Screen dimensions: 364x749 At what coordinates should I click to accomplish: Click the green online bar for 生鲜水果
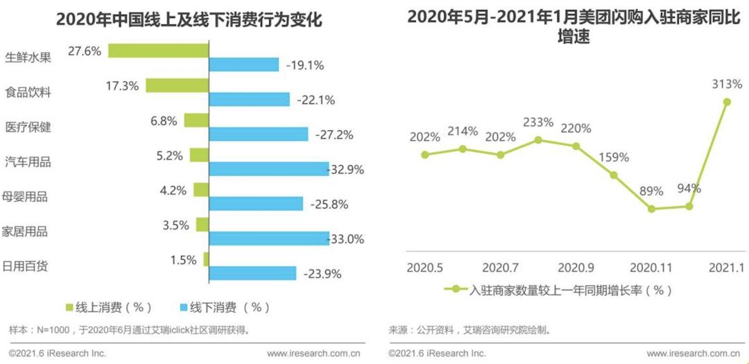point(159,51)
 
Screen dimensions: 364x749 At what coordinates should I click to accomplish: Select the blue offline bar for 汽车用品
point(269,168)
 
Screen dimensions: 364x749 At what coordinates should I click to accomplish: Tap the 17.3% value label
point(122,86)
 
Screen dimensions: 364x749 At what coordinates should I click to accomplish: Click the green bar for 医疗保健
point(196,120)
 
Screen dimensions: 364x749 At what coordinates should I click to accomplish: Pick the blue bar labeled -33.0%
point(269,238)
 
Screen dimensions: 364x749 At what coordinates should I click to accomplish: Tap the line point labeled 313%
point(727,102)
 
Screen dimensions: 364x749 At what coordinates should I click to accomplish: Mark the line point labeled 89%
point(651,208)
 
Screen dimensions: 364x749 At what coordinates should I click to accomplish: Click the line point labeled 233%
point(538,140)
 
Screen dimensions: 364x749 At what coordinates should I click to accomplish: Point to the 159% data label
point(613,157)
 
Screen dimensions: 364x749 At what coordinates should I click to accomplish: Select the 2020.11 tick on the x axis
point(650,267)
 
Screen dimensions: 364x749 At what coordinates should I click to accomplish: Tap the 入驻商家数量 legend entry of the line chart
point(560,290)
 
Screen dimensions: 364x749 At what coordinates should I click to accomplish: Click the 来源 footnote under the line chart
point(470,329)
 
